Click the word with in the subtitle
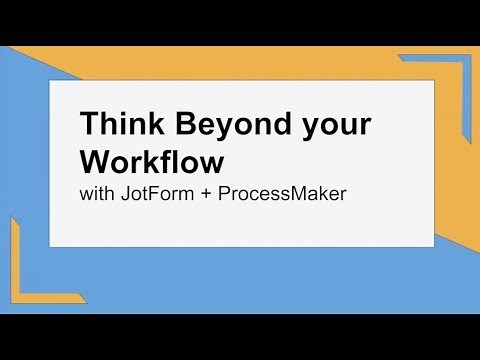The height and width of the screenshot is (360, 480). [x=97, y=193]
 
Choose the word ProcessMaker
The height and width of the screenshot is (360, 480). [x=282, y=193]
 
